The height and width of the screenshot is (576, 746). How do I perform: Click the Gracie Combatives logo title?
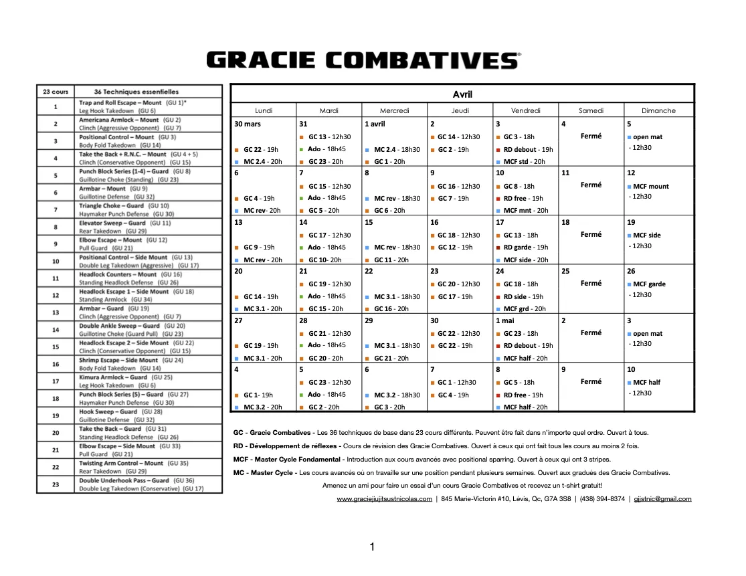pos(363,60)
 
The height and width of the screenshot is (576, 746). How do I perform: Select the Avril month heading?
pos(462,94)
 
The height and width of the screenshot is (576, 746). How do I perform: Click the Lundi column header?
pos(264,110)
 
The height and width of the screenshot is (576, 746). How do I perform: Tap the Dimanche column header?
pos(658,110)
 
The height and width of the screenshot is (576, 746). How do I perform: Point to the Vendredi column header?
pos(525,110)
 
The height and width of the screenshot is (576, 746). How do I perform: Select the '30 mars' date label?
pos(248,124)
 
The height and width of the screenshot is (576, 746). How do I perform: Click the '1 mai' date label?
pos(505,320)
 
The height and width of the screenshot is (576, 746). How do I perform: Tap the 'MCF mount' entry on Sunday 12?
pos(650,187)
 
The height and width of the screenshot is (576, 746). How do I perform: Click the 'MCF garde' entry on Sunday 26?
pos(650,284)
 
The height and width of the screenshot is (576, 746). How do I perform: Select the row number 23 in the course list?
pos(56,484)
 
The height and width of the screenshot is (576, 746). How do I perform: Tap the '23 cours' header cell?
pos(56,92)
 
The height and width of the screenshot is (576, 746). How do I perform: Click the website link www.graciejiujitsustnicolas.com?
pos(384,499)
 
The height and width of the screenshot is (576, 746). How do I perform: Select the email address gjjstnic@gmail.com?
pos(662,499)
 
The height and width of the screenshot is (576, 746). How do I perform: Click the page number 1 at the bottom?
pos(372,547)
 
